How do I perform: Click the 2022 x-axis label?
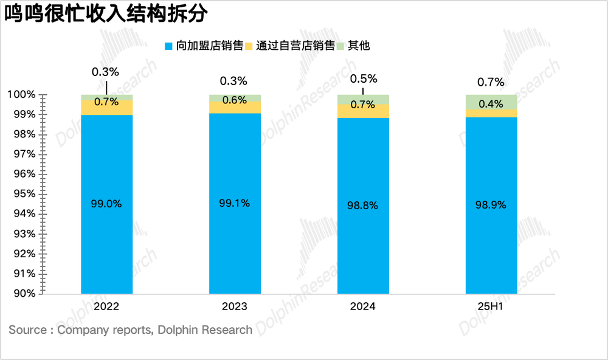click(106, 306)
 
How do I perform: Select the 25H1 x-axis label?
click(491, 306)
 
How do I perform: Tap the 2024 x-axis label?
click(363, 306)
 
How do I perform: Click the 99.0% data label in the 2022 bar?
click(106, 204)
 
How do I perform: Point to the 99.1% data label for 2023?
click(234, 203)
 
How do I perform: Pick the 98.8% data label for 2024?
click(363, 206)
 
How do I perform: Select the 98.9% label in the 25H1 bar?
click(491, 206)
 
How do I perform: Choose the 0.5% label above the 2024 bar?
click(363, 79)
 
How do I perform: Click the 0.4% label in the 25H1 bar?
click(491, 105)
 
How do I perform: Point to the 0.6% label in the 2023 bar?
click(234, 100)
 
